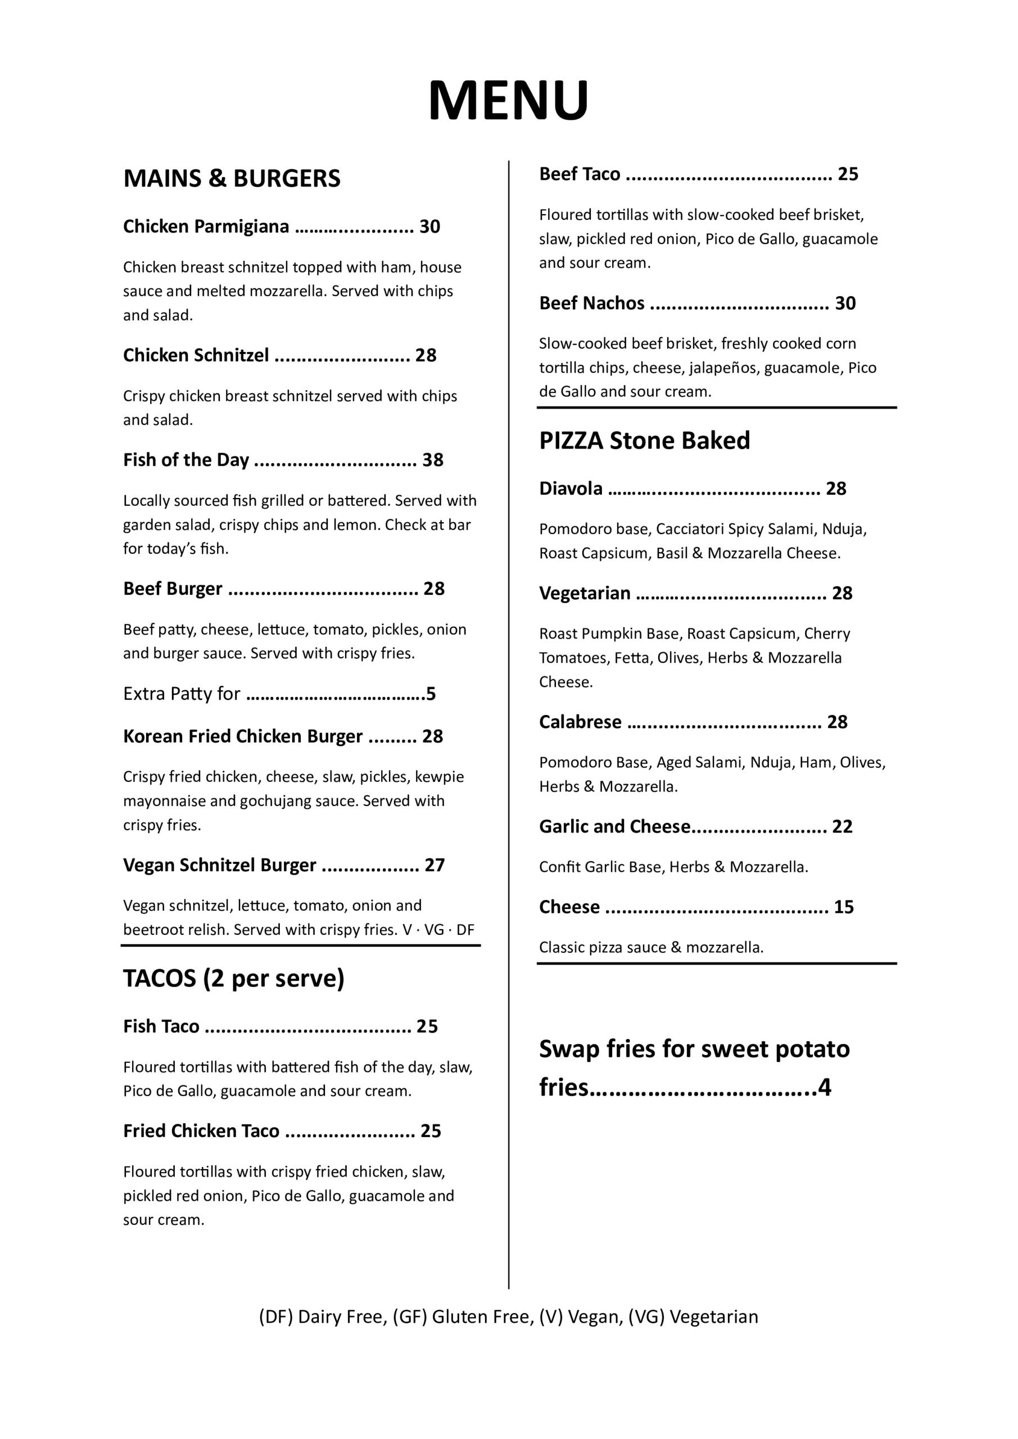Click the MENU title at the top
click(508, 100)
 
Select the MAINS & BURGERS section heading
click(232, 179)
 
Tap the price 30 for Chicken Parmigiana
click(429, 227)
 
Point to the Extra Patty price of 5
click(431, 694)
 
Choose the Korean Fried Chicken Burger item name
click(243, 736)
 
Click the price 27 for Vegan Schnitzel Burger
click(435, 865)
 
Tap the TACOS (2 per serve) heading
click(234, 978)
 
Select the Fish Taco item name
click(161, 1026)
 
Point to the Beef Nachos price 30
click(845, 304)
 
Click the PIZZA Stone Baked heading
click(644, 441)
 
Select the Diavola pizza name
click(571, 488)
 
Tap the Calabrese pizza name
click(581, 722)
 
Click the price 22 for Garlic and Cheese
click(842, 827)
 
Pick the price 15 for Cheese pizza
click(843, 907)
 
